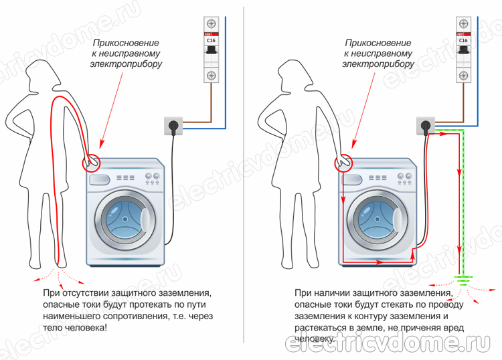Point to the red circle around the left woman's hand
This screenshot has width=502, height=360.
coord(91,162)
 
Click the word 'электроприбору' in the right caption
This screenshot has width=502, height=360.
coord(378,65)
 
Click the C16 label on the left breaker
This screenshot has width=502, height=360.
coord(212,39)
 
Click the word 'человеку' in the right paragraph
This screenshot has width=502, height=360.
coord(315,340)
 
